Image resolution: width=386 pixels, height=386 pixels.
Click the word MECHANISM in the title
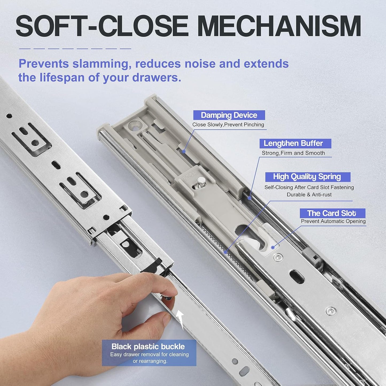click(x=279, y=26)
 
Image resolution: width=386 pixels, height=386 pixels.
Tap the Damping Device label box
click(x=229, y=115)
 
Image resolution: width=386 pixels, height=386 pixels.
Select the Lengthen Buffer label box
click(x=295, y=143)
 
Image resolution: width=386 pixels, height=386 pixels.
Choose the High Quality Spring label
click(x=307, y=177)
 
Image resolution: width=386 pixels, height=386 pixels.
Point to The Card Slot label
click(x=332, y=213)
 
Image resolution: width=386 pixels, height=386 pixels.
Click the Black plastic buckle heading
click(x=148, y=346)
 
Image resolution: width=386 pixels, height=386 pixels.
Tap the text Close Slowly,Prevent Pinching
click(x=228, y=125)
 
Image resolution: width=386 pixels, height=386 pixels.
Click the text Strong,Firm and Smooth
click(x=293, y=153)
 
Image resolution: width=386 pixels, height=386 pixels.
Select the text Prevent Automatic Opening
click(x=333, y=221)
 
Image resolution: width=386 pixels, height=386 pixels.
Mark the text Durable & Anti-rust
click(x=309, y=195)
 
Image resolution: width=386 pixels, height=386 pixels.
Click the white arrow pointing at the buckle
click(x=181, y=319)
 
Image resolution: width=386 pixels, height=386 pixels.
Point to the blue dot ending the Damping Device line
click(x=184, y=151)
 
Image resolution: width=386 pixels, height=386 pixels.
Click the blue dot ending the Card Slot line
click(x=273, y=248)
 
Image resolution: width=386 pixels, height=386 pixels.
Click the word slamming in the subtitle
click(x=102, y=64)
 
